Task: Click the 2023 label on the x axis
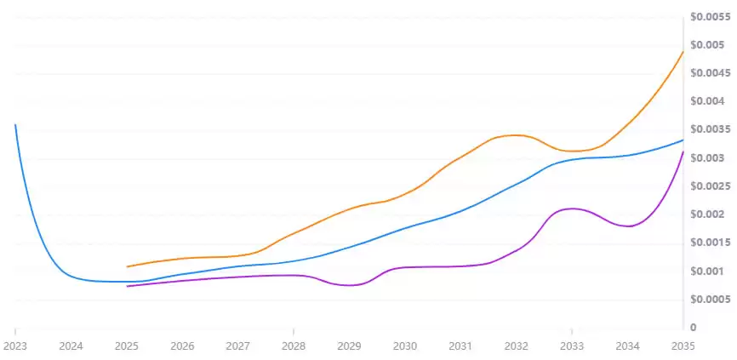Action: [15, 346]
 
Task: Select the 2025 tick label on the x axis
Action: [126, 346]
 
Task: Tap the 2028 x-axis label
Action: [294, 346]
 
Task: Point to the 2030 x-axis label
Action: [405, 346]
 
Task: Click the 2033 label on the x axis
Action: [572, 346]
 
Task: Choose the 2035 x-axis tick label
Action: [683, 346]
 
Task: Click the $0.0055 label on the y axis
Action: [710, 16]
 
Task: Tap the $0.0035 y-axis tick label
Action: [710, 129]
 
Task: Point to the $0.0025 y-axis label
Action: [710, 186]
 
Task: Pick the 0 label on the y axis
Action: [694, 328]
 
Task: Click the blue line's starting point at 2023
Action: [15, 124]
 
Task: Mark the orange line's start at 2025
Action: [127, 266]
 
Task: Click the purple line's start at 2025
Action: [127, 286]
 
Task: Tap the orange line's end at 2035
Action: [683, 52]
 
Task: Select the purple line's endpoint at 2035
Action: [683, 151]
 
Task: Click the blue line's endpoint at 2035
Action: [683, 140]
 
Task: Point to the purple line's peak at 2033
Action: [572, 209]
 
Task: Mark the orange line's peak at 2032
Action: [516, 134]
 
